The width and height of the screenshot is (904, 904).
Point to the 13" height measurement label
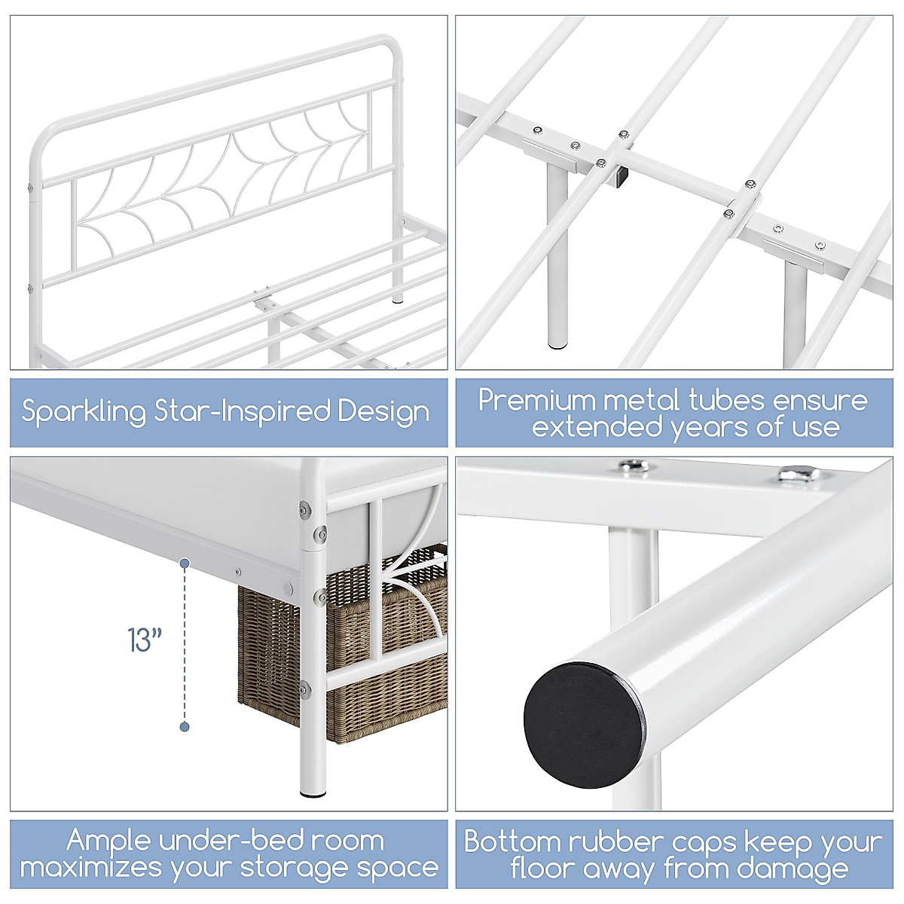[x=145, y=640]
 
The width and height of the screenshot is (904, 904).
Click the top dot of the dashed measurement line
[x=185, y=562]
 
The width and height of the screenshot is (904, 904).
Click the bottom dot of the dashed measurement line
[x=185, y=726]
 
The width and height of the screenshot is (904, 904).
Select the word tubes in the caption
[x=729, y=399]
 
